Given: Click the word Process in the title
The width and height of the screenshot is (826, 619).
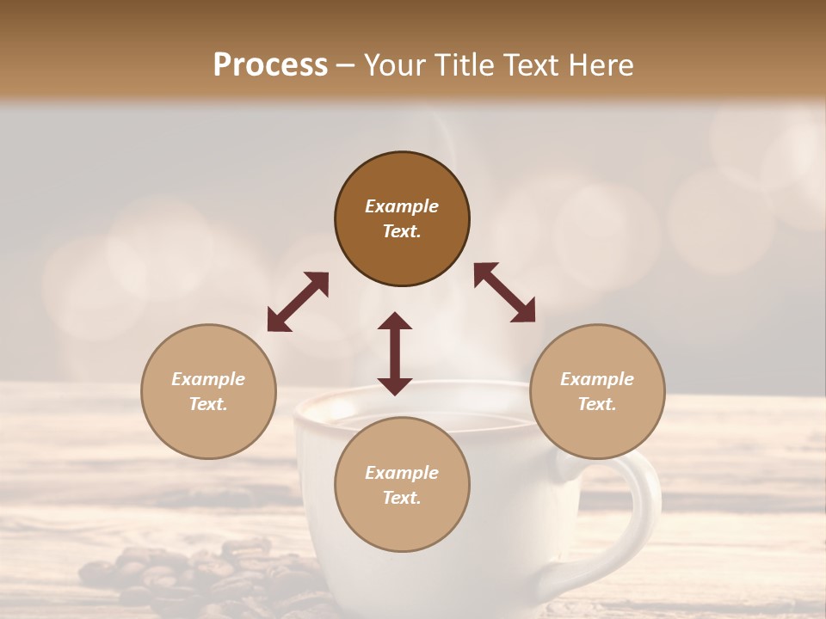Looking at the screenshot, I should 270,65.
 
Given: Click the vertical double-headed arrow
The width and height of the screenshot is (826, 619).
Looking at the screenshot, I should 395,353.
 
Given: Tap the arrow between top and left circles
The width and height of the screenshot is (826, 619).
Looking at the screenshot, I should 298,302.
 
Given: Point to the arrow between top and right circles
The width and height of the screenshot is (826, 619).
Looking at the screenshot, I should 505,293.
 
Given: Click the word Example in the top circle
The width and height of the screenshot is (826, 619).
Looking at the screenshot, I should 402,206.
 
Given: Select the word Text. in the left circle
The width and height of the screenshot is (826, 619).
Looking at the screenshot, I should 208,404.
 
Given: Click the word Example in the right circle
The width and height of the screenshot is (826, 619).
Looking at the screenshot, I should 597,379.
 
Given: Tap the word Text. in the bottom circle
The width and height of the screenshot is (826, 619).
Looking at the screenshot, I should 402,498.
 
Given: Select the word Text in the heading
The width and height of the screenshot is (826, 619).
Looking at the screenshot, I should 527,65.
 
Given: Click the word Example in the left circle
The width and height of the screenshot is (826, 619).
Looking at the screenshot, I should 208,379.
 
